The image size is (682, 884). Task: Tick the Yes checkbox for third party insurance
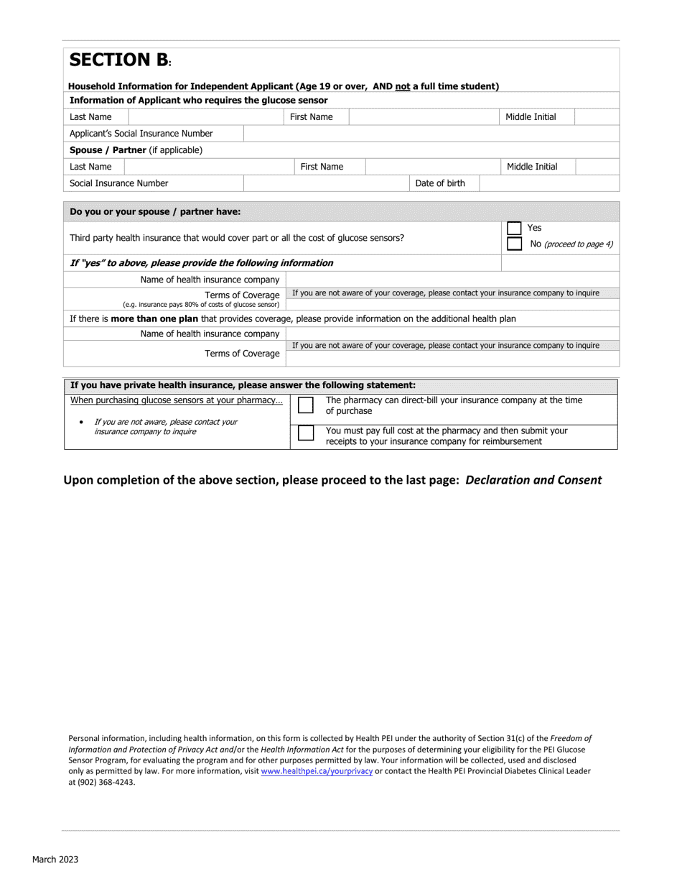click(514, 229)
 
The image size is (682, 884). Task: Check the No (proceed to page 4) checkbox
click(514, 244)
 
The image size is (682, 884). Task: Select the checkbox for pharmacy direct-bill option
click(306, 406)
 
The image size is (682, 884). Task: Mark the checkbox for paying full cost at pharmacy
click(306, 434)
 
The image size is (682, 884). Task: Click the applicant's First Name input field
click(423, 116)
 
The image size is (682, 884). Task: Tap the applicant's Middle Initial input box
click(597, 116)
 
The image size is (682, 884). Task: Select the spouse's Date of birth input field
click(548, 183)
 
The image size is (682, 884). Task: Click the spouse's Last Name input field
click(208, 167)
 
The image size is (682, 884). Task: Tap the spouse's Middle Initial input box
click(597, 167)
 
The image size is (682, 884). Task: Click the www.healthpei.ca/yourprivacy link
click(317, 771)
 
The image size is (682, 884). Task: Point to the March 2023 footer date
click(55, 860)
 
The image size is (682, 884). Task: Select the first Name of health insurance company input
click(452, 280)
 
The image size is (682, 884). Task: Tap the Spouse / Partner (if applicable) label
click(136, 150)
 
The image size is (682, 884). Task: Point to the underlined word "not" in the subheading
click(402, 86)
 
